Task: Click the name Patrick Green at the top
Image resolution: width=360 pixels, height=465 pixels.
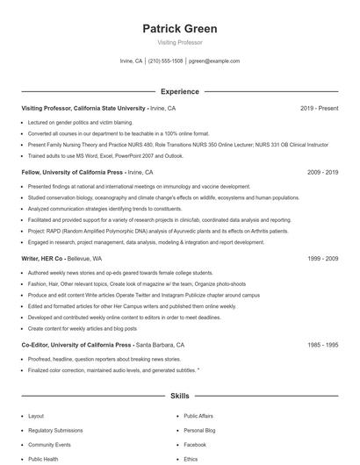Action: click(179, 28)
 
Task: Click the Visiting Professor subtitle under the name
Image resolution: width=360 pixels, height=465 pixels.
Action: click(179, 41)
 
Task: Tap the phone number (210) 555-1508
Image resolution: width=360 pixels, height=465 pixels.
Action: click(165, 61)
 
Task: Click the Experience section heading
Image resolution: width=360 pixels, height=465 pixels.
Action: click(179, 91)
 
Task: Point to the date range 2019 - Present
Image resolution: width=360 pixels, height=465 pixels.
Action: click(319, 108)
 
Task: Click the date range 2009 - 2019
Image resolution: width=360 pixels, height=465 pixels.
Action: click(322, 173)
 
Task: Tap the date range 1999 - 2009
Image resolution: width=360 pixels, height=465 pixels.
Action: click(322, 259)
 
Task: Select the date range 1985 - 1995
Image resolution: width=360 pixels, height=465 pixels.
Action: click(322, 346)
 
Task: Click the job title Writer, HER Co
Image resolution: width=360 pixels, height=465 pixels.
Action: click(42, 259)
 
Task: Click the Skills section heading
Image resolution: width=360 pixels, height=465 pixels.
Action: click(179, 397)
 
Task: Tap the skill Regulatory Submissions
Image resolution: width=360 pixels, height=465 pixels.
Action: click(56, 431)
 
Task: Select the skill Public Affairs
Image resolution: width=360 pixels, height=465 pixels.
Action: click(199, 417)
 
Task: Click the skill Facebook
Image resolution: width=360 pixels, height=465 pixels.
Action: click(195, 445)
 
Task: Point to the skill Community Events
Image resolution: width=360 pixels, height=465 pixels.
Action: click(50, 445)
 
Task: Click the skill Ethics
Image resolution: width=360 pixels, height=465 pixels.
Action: click(191, 459)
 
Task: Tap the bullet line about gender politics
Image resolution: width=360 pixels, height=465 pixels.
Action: click(80, 122)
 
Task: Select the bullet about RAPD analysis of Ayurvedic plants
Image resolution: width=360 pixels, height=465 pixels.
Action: click(145, 230)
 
